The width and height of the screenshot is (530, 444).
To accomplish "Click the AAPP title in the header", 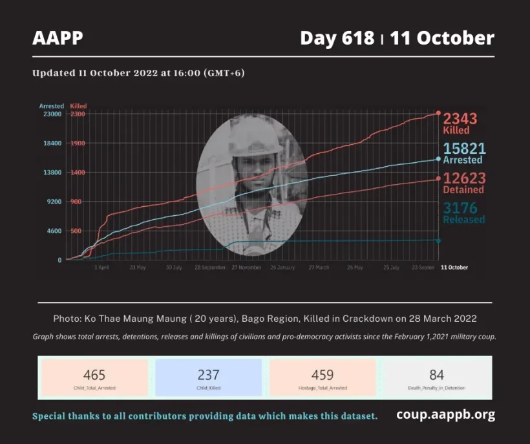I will point(58,38).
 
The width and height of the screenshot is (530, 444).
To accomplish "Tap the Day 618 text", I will point(337,38).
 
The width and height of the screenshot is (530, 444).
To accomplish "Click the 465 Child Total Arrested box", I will point(94,377).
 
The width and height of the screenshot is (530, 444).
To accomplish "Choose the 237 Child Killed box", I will point(208,377).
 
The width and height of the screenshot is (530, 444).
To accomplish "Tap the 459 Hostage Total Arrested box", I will point(322,377).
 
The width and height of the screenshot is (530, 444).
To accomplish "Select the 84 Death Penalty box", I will point(436,377).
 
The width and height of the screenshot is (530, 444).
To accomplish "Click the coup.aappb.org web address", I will point(445,415).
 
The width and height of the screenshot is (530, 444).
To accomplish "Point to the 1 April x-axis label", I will point(101,267).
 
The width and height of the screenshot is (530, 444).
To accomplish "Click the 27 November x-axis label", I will point(246,267).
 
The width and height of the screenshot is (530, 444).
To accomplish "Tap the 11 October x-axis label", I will point(454,267).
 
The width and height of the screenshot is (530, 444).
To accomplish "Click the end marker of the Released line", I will point(438,240).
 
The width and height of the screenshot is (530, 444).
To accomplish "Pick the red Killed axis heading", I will point(78,106).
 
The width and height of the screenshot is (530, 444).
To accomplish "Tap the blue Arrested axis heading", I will point(51,106).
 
